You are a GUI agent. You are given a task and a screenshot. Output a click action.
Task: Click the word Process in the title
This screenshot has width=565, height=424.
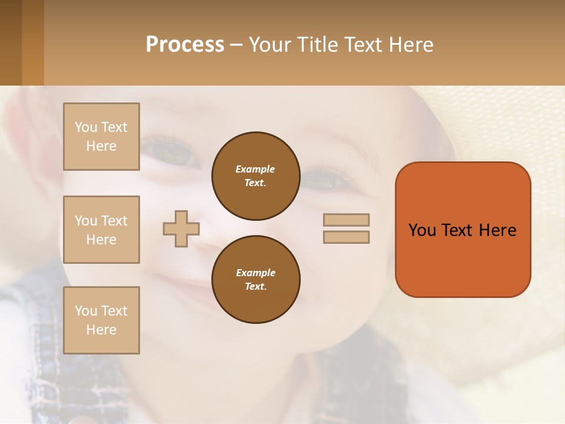185,45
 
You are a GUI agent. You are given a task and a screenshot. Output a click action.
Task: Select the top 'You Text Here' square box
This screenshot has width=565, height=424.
101,137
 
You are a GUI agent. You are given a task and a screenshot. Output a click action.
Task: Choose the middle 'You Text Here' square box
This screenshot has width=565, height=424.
101,230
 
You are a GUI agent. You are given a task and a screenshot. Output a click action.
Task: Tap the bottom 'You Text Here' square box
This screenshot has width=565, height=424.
101,320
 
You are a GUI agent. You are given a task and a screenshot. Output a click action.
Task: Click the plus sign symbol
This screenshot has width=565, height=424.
181,228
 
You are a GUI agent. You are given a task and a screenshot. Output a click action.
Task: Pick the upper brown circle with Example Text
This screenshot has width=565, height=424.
255,176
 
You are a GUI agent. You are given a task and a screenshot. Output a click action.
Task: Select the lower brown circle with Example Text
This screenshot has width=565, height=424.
255,280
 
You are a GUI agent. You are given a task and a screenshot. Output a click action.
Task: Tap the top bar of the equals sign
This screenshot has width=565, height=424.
346,220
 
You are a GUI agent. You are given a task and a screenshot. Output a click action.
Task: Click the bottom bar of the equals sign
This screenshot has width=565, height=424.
346,237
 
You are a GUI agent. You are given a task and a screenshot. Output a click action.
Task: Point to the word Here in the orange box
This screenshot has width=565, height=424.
497,230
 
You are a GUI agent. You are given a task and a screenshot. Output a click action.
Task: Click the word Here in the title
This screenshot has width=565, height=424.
411,45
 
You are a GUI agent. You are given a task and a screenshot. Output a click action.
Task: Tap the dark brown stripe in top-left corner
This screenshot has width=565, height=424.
11,42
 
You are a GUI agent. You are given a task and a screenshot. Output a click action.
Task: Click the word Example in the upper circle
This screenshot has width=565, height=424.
255,169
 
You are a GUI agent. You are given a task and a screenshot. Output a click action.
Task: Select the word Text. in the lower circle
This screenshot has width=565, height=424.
255,287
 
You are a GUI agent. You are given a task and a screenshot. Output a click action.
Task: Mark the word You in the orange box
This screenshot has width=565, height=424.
423,230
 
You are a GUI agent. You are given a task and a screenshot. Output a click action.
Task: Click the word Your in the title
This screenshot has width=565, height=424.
271,45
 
